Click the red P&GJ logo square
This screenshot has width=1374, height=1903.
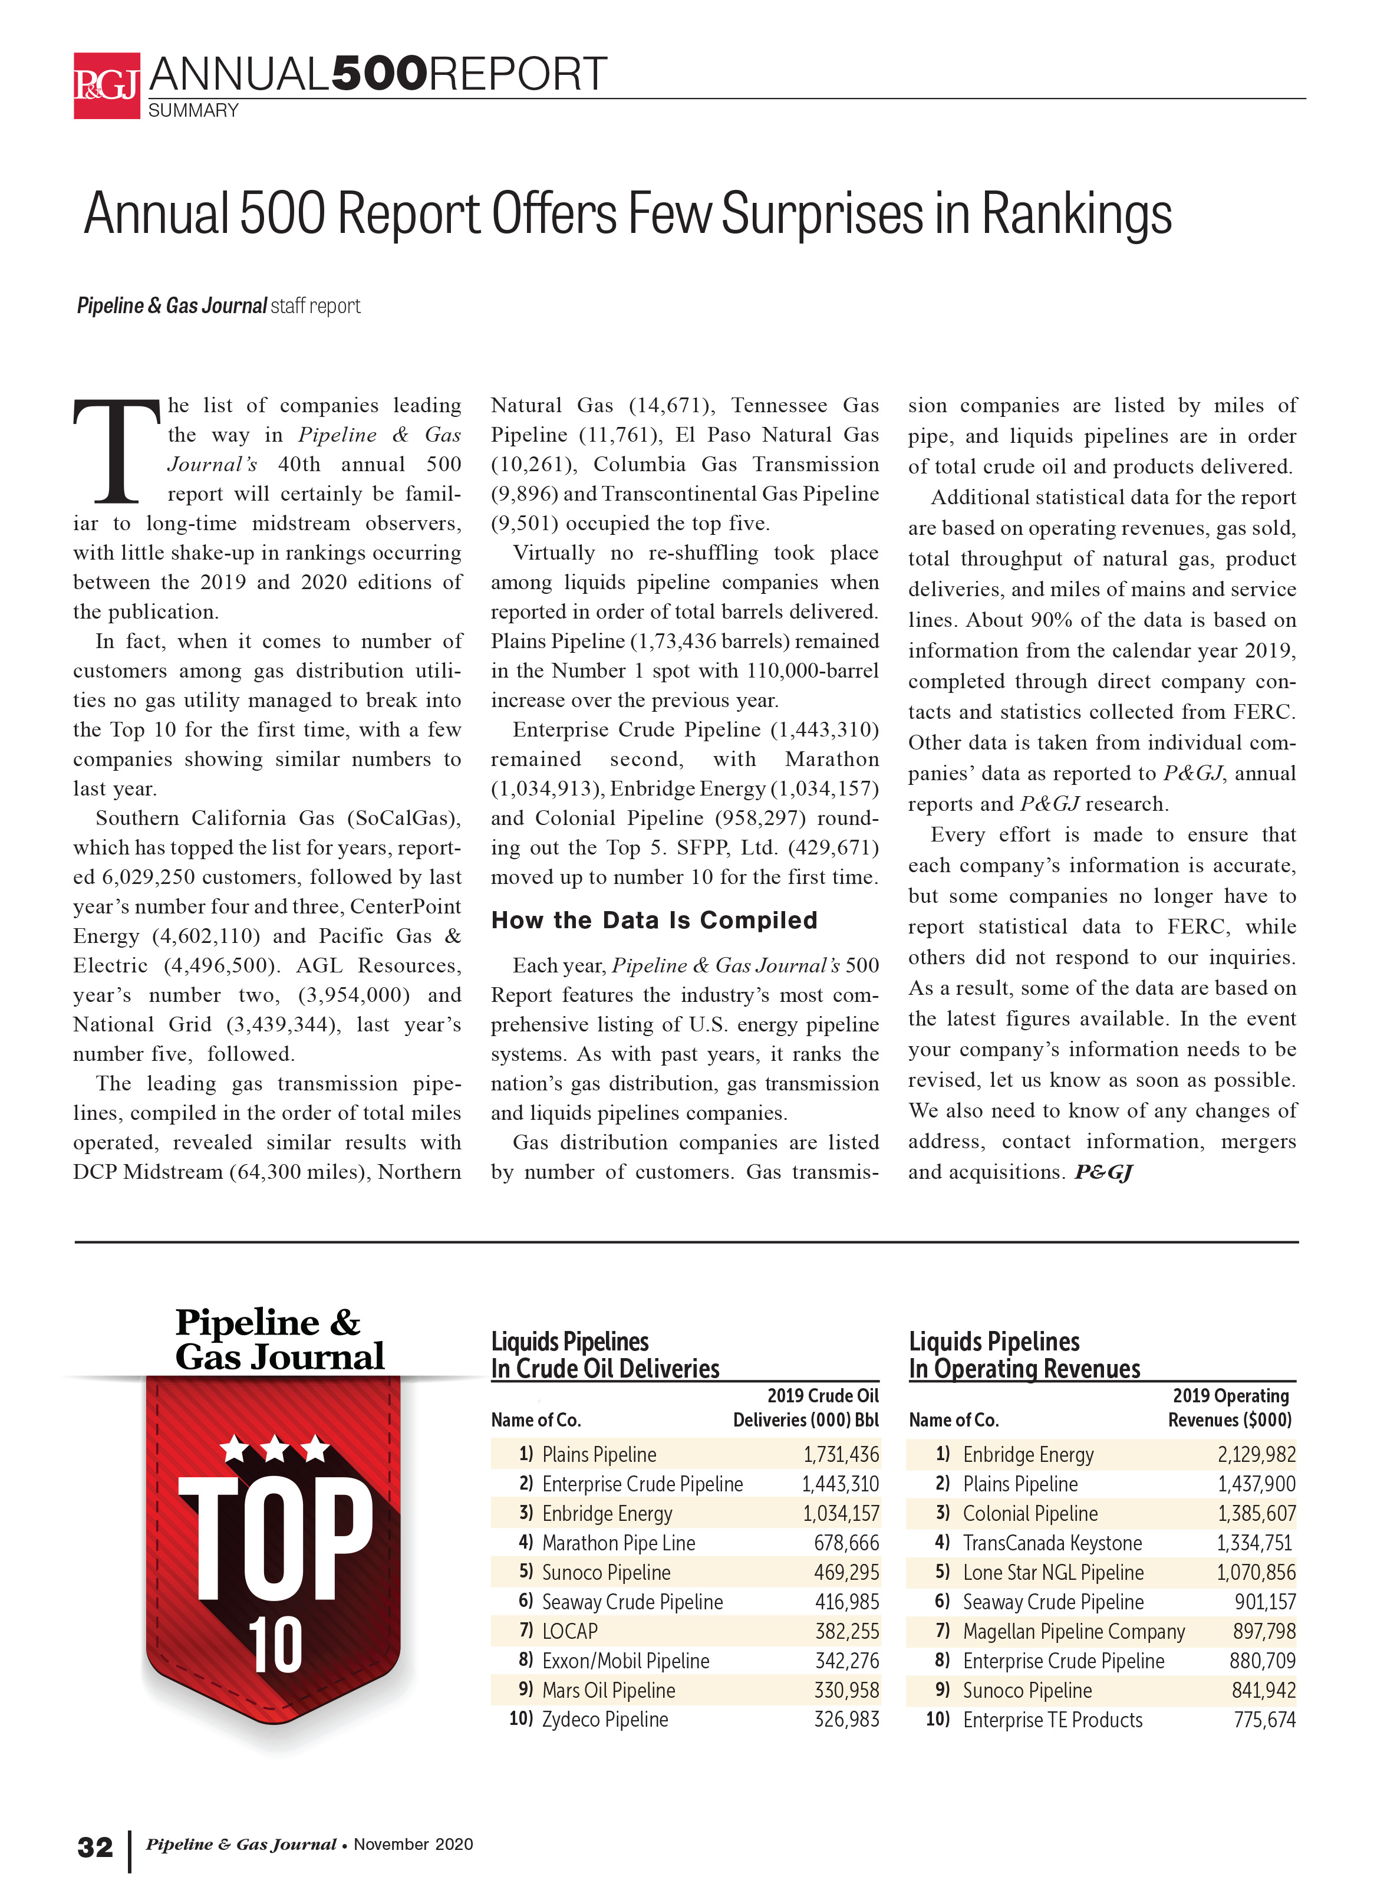(x=107, y=86)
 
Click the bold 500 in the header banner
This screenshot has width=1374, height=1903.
(x=379, y=75)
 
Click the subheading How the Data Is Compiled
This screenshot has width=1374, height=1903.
(x=654, y=921)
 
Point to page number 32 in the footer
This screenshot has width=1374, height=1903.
(x=95, y=1847)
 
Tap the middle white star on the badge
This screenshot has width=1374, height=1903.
(x=274, y=1447)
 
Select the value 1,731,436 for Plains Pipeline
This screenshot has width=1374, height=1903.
(x=841, y=1454)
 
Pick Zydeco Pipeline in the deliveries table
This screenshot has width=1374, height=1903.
(x=605, y=1719)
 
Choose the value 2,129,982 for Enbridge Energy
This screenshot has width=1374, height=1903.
(x=1256, y=1454)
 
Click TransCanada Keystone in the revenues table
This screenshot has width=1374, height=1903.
(x=1052, y=1542)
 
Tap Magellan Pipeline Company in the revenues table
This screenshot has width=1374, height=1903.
(x=1073, y=1631)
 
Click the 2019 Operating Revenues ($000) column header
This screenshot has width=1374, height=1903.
(x=1230, y=1407)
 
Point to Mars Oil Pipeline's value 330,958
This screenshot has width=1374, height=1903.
(x=845, y=1690)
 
